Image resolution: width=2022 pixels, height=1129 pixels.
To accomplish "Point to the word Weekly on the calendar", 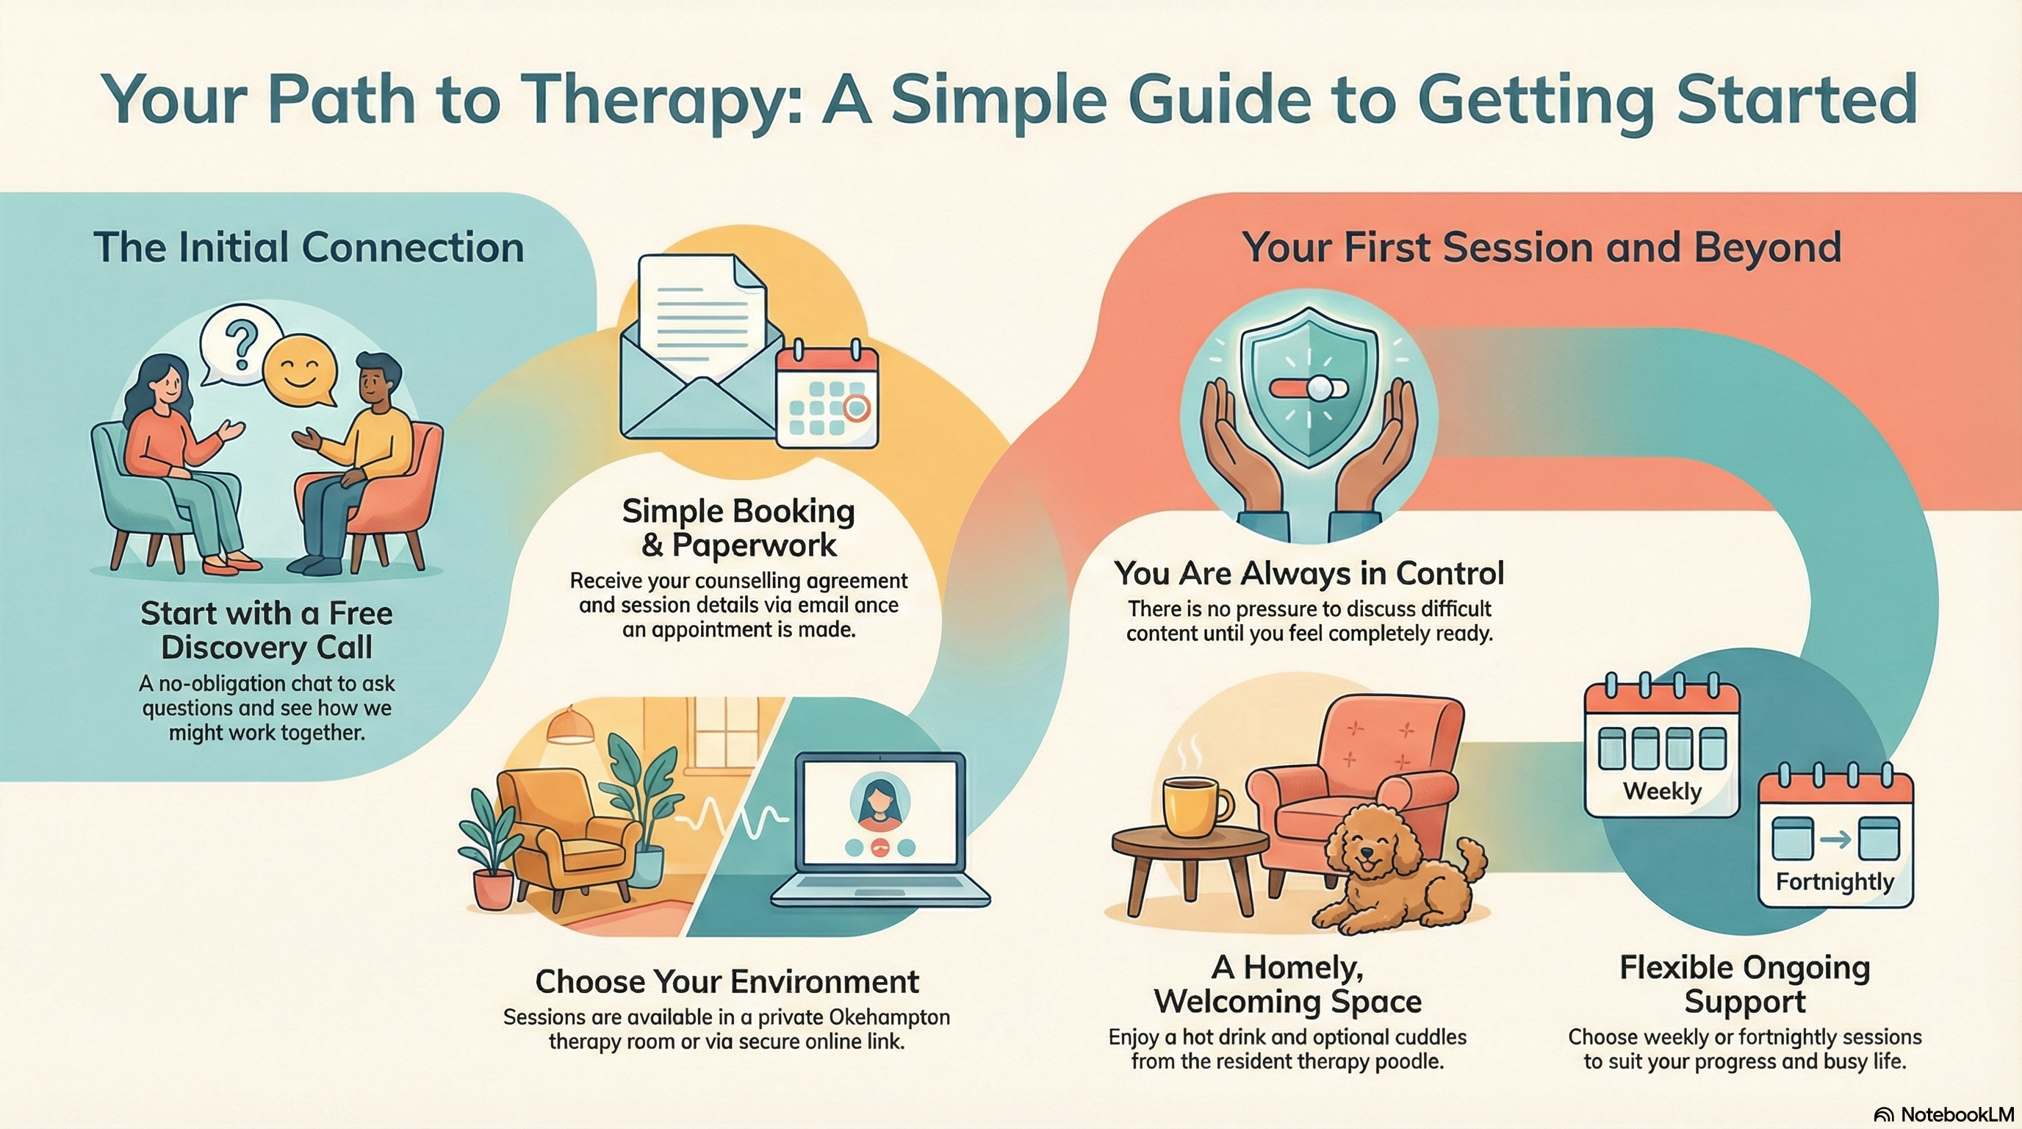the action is [x=1662, y=791].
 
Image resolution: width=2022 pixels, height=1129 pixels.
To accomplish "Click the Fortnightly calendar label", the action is [x=1835, y=882].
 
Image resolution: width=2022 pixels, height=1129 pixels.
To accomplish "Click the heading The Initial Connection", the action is [x=309, y=247].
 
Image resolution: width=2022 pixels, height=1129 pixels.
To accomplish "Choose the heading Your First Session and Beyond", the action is [x=1541, y=247].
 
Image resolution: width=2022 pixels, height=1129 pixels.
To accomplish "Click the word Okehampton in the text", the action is [x=889, y=1017].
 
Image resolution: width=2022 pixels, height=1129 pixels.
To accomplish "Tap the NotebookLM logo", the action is [x=1943, y=1114].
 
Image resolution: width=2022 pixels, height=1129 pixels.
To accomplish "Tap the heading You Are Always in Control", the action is [x=1309, y=573].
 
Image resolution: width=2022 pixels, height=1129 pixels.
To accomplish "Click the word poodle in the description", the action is [x=1409, y=1061].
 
